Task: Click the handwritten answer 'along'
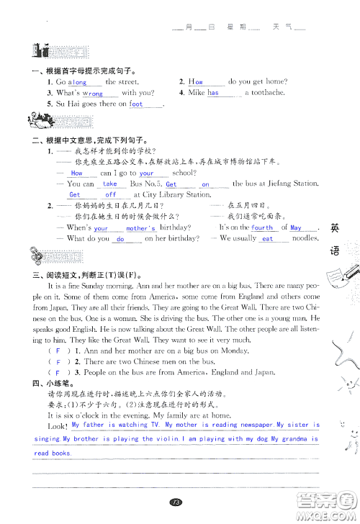pyautogui.click(x=77, y=83)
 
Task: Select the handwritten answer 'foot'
pyautogui.click(x=137, y=104)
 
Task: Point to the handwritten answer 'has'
pyautogui.click(x=213, y=93)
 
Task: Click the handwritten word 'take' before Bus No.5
pyautogui.click(x=109, y=184)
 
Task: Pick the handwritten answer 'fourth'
pyautogui.click(x=262, y=227)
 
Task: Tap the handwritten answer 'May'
pyautogui.click(x=296, y=227)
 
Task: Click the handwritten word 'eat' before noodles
pyautogui.click(x=267, y=239)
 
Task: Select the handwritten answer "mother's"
pyautogui.click(x=141, y=228)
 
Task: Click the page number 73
pyautogui.click(x=174, y=502)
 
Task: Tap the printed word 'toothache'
pyautogui.click(x=268, y=93)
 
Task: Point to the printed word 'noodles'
pyautogui.click(x=305, y=238)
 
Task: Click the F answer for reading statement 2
pyautogui.click(x=58, y=361)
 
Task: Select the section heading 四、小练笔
pyautogui.click(x=48, y=384)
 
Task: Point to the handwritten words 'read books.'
pyautogui.click(x=52, y=453)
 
